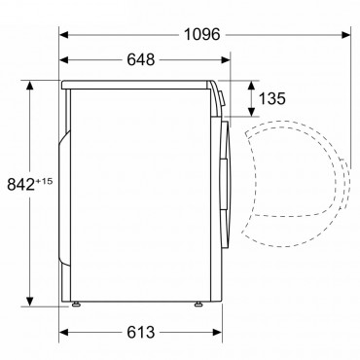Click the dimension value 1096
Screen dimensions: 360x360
201,34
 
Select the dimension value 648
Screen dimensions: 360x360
141,60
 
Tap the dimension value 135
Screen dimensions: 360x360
272,98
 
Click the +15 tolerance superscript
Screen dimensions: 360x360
44,181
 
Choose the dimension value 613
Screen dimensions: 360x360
141,333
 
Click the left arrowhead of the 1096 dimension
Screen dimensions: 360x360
63,34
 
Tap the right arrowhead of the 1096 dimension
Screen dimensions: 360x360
346,34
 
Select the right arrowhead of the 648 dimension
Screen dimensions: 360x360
226,60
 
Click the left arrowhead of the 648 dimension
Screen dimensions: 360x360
63,60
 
